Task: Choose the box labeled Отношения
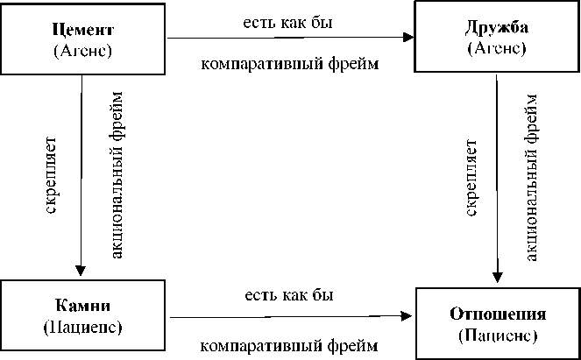[x=496, y=322]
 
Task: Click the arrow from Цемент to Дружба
[x=289, y=38]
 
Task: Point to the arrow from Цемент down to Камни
[x=81, y=175]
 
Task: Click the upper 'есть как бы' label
[x=288, y=18]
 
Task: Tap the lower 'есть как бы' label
[x=288, y=295]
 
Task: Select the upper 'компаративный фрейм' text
[x=290, y=64]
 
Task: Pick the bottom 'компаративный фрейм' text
[x=290, y=344]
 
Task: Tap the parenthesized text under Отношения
[x=496, y=335]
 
